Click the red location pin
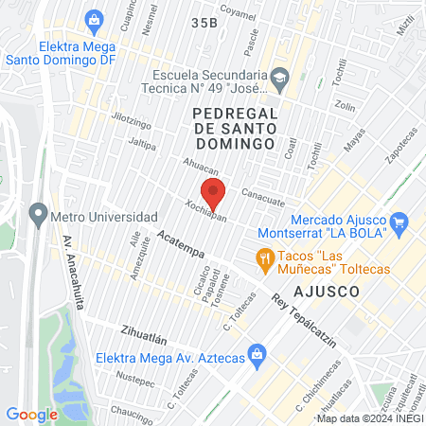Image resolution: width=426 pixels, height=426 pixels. pyautogui.click(x=214, y=193)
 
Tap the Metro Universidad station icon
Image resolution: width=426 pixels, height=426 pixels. pyautogui.click(x=39, y=213)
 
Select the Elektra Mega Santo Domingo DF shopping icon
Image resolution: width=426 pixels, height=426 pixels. pyautogui.click(x=94, y=18)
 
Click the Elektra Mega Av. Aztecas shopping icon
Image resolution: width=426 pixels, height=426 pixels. pyautogui.click(x=256, y=355)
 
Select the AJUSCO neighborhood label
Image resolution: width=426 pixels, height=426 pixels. pyautogui.click(x=328, y=292)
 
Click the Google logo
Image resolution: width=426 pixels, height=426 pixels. pyautogui.click(x=31, y=414)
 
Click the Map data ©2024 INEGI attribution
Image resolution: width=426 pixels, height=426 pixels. pyautogui.click(x=370, y=417)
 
